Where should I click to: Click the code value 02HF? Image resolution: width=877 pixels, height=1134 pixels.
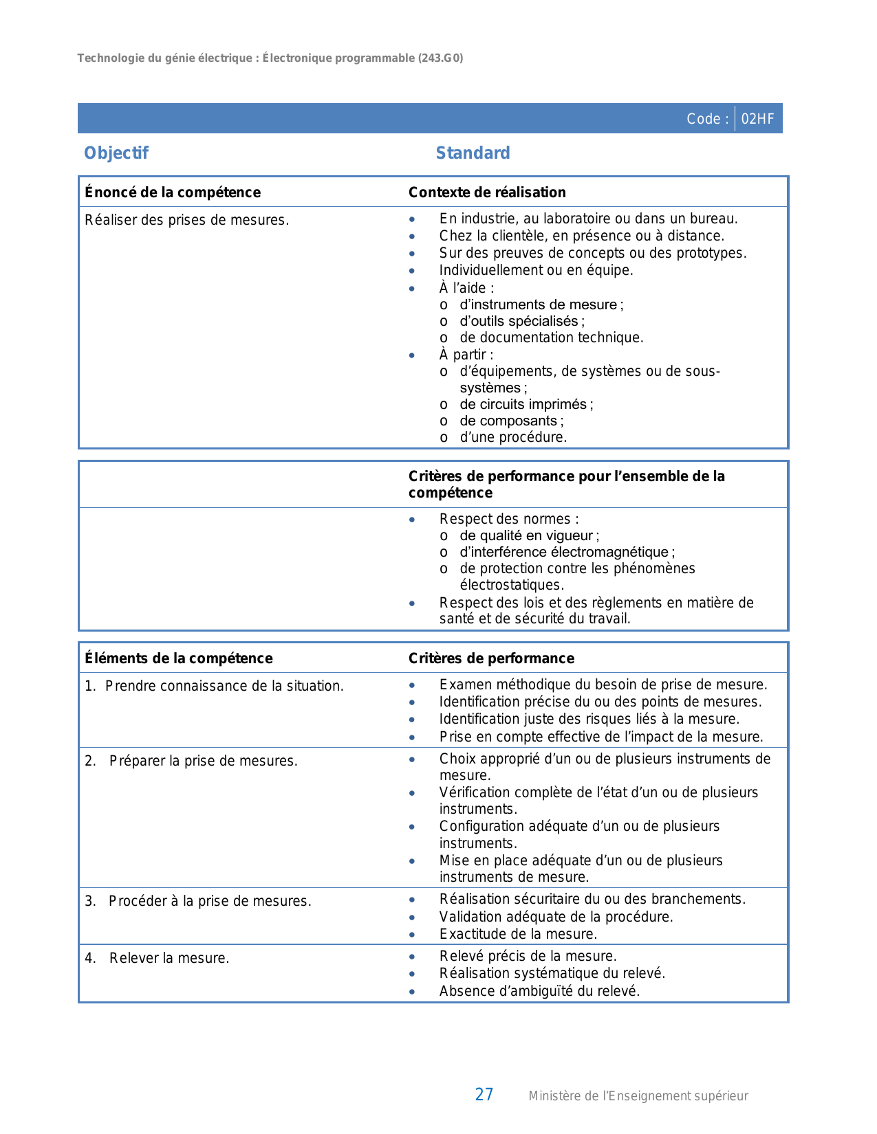point(757,119)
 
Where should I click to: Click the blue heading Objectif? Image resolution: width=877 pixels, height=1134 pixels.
point(116,153)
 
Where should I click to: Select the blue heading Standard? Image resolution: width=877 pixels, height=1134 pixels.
point(473,153)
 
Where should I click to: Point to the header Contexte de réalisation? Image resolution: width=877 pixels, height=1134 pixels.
point(487,192)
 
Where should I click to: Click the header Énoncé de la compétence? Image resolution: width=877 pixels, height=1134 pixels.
point(173,192)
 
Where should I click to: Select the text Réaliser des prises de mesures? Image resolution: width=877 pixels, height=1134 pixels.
point(186,220)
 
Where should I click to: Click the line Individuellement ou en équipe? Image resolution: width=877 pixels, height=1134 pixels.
point(536,270)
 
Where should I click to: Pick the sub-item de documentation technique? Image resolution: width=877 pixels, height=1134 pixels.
point(551,337)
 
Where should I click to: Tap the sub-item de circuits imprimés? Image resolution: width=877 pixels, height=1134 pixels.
point(526,404)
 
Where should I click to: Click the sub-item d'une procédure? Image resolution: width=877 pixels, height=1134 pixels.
point(513,437)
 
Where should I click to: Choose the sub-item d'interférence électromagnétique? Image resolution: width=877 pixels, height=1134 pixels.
point(567,552)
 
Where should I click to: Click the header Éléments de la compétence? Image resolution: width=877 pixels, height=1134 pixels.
point(179,658)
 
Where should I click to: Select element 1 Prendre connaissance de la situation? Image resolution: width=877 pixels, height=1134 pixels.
point(224,686)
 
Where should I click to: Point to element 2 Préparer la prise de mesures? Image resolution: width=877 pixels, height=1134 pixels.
point(203,761)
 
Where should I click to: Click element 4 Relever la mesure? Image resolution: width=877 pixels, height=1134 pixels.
point(169,958)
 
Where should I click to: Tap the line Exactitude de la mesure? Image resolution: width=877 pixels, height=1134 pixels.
point(518,934)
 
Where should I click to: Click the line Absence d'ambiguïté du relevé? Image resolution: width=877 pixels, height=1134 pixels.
point(539,991)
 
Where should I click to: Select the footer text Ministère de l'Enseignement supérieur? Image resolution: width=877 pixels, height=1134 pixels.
point(638,1096)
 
